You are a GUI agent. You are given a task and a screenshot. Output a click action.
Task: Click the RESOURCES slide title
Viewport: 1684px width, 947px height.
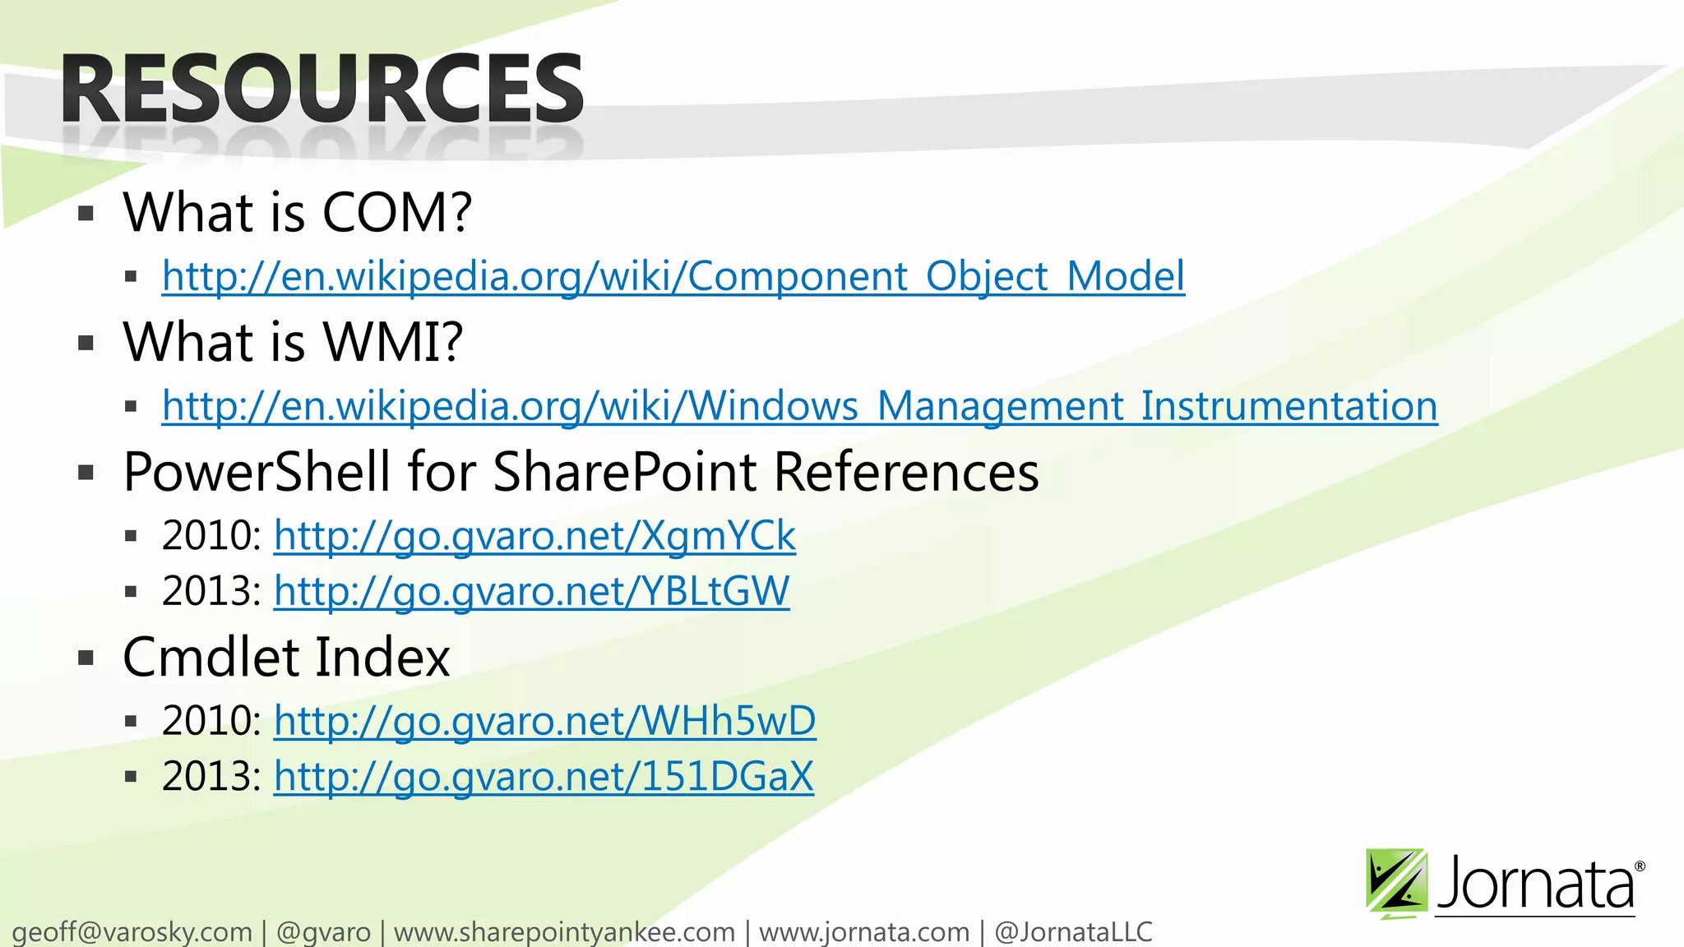tap(322, 89)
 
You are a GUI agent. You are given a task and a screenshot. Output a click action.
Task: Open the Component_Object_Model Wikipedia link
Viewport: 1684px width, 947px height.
tap(673, 276)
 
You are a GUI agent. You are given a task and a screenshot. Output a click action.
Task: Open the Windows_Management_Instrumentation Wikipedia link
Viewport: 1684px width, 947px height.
tap(799, 406)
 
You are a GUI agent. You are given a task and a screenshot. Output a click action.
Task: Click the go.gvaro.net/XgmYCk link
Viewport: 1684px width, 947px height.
tap(534, 536)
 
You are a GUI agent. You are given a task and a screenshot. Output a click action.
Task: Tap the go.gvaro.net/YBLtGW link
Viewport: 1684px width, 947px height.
tap(531, 591)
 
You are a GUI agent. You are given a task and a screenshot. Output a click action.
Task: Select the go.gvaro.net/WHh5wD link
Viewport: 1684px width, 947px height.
tap(544, 721)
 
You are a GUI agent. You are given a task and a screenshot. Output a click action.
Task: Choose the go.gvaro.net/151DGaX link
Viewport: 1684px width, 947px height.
tap(544, 776)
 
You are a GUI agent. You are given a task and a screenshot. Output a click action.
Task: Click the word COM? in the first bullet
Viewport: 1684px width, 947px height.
tap(397, 212)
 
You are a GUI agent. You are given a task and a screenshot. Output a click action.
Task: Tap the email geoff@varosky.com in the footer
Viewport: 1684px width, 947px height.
tap(132, 932)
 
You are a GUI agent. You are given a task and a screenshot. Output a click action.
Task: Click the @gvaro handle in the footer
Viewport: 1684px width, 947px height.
tap(323, 932)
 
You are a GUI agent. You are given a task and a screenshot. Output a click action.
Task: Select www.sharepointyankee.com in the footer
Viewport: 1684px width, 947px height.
tap(564, 932)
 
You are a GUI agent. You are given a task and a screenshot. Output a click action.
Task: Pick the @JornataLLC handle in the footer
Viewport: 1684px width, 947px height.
tap(1073, 932)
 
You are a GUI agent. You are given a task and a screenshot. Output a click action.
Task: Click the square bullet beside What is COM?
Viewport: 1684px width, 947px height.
tap(86, 215)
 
